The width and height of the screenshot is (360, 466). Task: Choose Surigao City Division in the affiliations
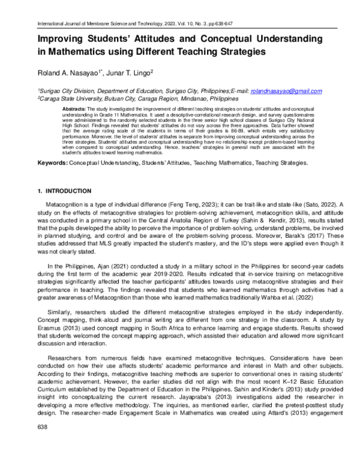pyautogui.click(x=64, y=91)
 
